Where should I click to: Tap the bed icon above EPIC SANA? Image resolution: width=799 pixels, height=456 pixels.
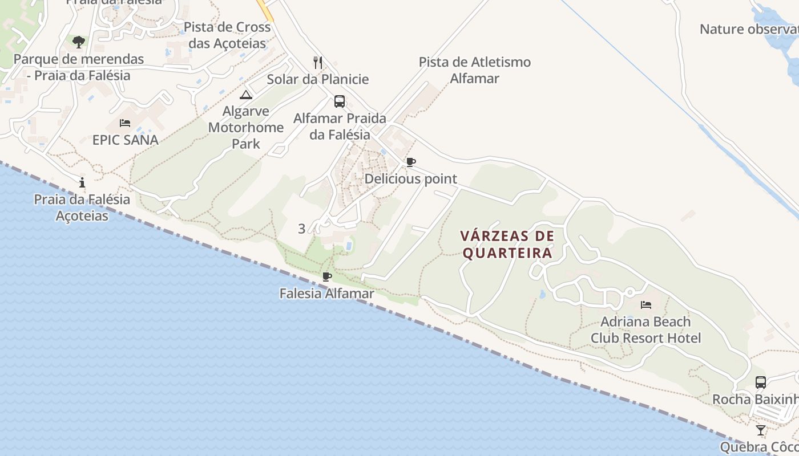pyautogui.click(x=125, y=123)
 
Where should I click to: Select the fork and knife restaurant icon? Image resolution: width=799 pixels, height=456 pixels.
pyautogui.click(x=318, y=62)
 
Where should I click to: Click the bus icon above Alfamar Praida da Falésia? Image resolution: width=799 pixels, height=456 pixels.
pyautogui.click(x=340, y=101)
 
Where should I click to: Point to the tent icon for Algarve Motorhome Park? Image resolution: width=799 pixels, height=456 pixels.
pyautogui.click(x=246, y=95)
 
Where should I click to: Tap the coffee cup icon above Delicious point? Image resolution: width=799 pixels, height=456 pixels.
pyautogui.click(x=410, y=162)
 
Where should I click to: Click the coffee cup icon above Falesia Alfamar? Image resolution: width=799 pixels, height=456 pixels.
pyautogui.click(x=326, y=277)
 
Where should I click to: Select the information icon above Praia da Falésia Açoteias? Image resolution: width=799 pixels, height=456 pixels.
pyautogui.click(x=82, y=182)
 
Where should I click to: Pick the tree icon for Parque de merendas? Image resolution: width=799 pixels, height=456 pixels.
pyautogui.click(x=79, y=42)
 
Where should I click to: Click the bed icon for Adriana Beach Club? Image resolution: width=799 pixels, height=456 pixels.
pyautogui.click(x=646, y=305)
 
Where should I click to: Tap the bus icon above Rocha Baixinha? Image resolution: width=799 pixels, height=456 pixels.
pyautogui.click(x=760, y=382)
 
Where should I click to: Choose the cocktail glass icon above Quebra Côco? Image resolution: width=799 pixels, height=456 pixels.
pyautogui.click(x=760, y=430)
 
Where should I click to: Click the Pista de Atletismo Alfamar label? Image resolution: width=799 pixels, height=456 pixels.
pyautogui.click(x=475, y=70)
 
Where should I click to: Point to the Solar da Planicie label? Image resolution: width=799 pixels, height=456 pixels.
pyautogui.click(x=318, y=79)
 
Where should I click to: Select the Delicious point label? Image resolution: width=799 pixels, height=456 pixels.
pyautogui.click(x=411, y=179)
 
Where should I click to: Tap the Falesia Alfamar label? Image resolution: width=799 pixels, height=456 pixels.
pyautogui.click(x=326, y=294)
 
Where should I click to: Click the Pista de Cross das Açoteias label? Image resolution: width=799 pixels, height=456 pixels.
pyautogui.click(x=227, y=35)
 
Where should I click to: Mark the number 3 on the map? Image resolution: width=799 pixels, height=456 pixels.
pyautogui.click(x=302, y=229)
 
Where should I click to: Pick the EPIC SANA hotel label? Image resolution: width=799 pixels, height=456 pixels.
pyautogui.click(x=125, y=140)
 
